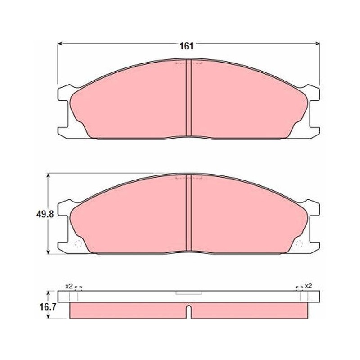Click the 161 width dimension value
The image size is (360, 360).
186,46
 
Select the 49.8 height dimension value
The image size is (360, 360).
45,214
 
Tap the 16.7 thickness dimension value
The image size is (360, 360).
48,307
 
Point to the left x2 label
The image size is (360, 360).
69,286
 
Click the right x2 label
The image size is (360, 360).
308,286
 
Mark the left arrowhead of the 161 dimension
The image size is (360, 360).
60,43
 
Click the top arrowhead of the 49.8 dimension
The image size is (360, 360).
48,176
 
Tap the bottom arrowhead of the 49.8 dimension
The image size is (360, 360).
48,252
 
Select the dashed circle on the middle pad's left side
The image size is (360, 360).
78,244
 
